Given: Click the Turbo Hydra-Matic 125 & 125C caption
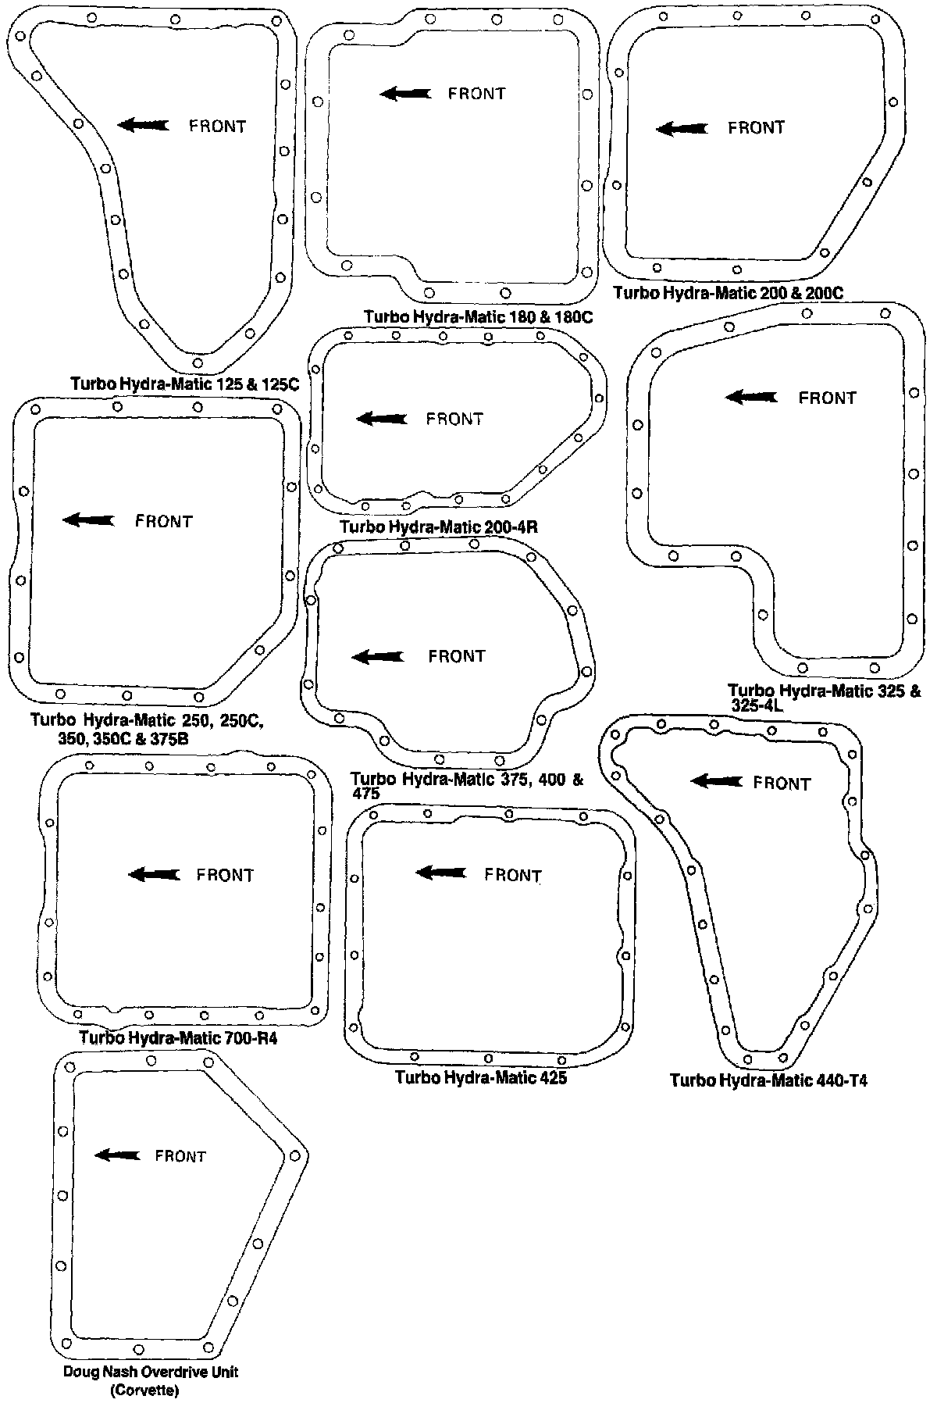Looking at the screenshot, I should coord(185,384).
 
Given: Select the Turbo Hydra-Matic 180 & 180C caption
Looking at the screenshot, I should coord(479,317).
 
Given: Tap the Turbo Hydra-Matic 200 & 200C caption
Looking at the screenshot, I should coord(729,293).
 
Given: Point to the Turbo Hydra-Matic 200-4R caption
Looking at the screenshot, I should coord(439,527).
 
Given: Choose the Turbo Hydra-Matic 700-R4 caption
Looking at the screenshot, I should coord(178,1039).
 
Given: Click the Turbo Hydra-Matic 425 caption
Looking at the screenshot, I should coord(480,1078).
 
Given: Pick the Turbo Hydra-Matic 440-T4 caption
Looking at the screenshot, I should coord(768,1080).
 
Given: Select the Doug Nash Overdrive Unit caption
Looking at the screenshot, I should coord(150,1373).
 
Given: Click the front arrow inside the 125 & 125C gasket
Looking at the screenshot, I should coord(143,125).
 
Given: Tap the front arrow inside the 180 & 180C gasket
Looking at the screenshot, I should coord(404,94).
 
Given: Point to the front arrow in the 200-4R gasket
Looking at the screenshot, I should coord(381,419).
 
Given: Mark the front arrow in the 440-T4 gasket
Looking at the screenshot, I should coord(717,780).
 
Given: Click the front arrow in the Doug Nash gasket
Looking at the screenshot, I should coord(117,1155).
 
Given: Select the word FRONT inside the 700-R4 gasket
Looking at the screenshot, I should coord(225,875).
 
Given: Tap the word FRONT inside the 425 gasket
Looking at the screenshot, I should coord(513,875).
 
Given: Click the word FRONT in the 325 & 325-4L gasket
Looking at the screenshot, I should coord(827,398).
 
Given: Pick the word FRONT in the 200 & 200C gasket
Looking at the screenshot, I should coord(756,127).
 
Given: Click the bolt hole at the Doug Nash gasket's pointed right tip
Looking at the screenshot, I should coord(294,1155).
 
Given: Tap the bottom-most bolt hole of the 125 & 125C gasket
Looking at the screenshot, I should coord(198,362).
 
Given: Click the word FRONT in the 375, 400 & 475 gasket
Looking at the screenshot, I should coord(457,656).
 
